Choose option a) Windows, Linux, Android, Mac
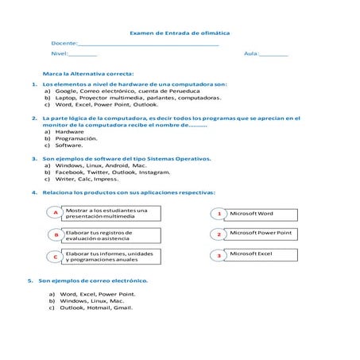click(95, 165)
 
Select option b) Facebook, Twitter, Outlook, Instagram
click(107, 172)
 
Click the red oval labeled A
click(55, 213)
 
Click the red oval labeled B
click(55, 235)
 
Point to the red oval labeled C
click(55, 256)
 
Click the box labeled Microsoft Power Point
click(260, 234)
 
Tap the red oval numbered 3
click(219, 256)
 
